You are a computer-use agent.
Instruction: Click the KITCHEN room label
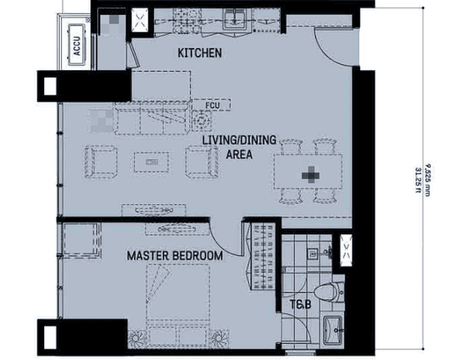coord(199,54)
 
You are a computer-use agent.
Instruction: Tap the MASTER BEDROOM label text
coord(175,256)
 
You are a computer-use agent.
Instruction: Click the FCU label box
coord(213,104)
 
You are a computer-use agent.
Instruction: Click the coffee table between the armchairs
coord(150,162)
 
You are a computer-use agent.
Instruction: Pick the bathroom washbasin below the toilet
coord(333,329)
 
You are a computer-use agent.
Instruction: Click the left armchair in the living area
coord(100,160)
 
